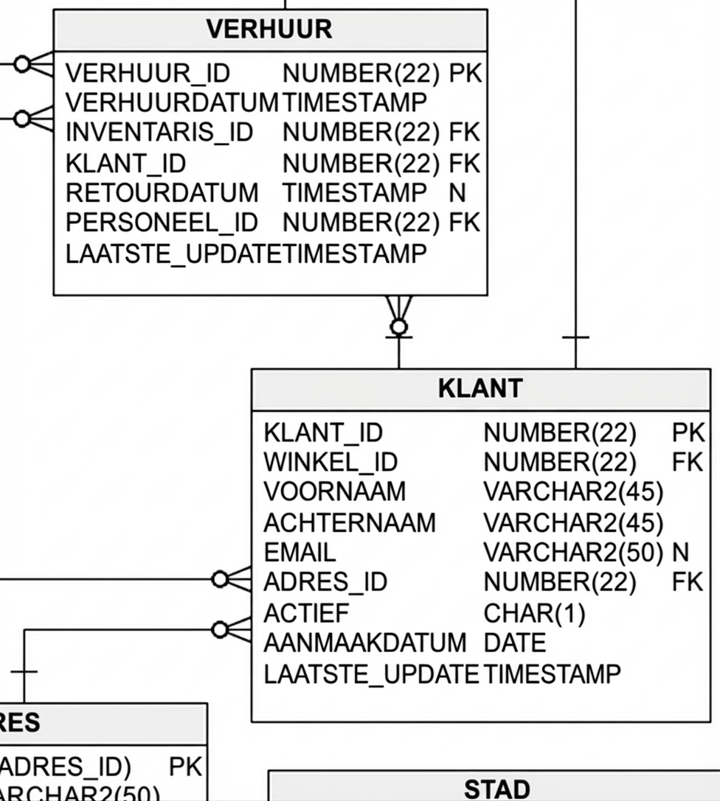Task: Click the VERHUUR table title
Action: (x=269, y=29)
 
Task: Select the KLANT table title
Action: (x=480, y=388)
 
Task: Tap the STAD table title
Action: (x=496, y=789)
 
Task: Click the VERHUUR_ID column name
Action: (x=148, y=73)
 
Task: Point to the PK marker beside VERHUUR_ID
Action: (x=465, y=73)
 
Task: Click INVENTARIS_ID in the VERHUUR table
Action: (x=159, y=133)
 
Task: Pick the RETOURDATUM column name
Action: (x=162, y=192)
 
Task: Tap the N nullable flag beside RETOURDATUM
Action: (x=457, y=192)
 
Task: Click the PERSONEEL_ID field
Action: (x=162, y=222)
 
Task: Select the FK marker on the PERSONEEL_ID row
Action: (x=465, y=222)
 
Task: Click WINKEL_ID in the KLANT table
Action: (x=330, y=462)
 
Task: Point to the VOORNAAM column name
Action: (x=334, y=492)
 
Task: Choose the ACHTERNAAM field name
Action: (x=350, y=522)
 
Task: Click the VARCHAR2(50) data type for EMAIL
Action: (x=573, y=552)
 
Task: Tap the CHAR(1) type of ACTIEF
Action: (x=534, y=613)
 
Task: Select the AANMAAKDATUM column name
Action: (x=365, y=643)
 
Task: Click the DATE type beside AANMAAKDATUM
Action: (x=514, y=643)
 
